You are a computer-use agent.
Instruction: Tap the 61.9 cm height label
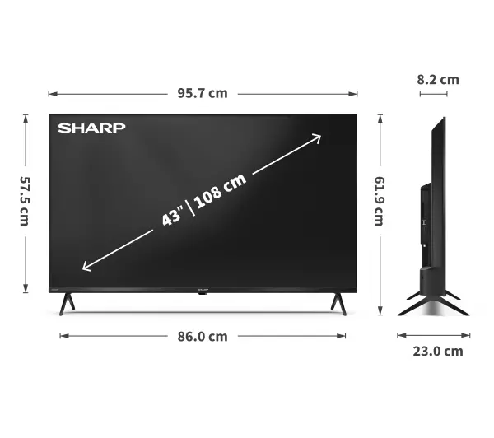(380, 202)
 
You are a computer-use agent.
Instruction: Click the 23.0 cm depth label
(436, 352)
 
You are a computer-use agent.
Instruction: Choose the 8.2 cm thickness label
(437, 80)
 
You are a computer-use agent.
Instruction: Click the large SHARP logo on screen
(91, 128)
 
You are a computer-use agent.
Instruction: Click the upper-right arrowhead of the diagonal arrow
(317, 137)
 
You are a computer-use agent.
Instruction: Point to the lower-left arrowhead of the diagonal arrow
(86, 266)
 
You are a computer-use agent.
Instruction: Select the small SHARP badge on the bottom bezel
(203, 292)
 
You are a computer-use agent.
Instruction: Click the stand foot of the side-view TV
(432, 304)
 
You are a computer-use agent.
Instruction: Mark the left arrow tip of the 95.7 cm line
(50, 93)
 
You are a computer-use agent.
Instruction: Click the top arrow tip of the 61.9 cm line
(380, 116)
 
